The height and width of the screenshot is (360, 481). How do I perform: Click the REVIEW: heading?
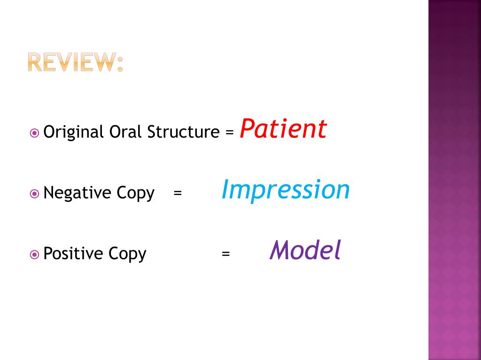pyautogui.click(x=75, y=62)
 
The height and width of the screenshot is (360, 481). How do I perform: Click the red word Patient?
pyautogui.click(x=283, y=129)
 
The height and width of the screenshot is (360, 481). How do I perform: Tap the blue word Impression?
pyautogui.click(x=286, y=190)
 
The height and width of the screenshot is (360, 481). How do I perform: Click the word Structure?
pyautogui.click(x=183, y=132)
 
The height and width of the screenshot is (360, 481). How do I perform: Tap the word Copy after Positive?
pyautogui.click(x=128, y=254)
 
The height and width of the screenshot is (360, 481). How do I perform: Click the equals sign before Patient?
pyautogui.click(x=229, y=133)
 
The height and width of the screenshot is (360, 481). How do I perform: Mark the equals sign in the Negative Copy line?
pyautogui.click(x=177, y=193)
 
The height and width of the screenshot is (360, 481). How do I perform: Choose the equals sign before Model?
pyautogui.click(x=226, y=254)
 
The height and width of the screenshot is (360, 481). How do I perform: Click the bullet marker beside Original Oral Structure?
pyautogui.click(x=34, y=133)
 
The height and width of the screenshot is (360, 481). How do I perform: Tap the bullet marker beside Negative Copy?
pyautogui.click(x=34, y=193)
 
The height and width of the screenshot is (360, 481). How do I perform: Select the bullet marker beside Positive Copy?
pyautogui.click(x=34, y=254)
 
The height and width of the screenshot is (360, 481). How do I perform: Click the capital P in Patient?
pyautogui.click(x=247, y=129)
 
